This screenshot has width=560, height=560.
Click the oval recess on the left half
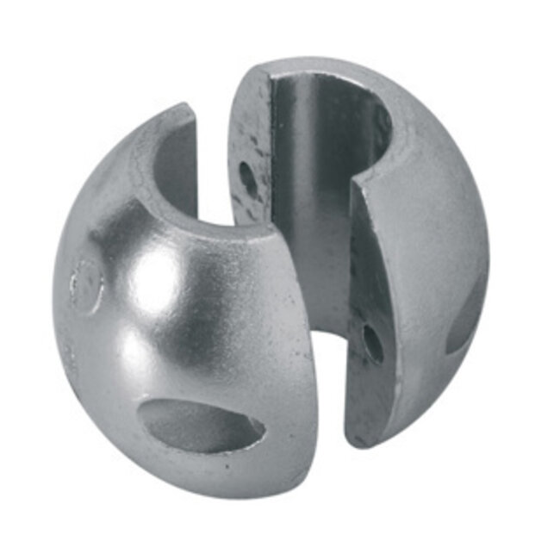[x=202, y=424]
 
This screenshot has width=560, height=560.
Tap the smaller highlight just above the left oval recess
[x=142, y=353]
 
